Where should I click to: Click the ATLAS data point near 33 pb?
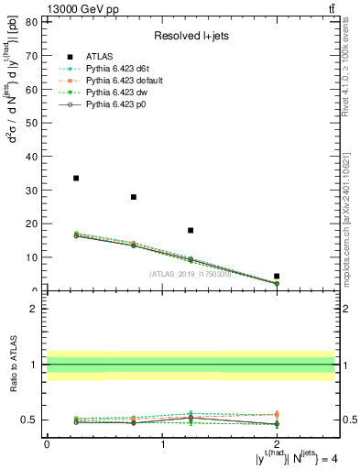[x=76, y=178]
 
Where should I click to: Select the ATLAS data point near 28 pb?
[x=134, y=197]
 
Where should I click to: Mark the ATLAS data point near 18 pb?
[x=191, y=230]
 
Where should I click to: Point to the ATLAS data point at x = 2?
[x=277, y=276]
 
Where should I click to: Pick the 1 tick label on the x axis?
[x=162, y=443]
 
